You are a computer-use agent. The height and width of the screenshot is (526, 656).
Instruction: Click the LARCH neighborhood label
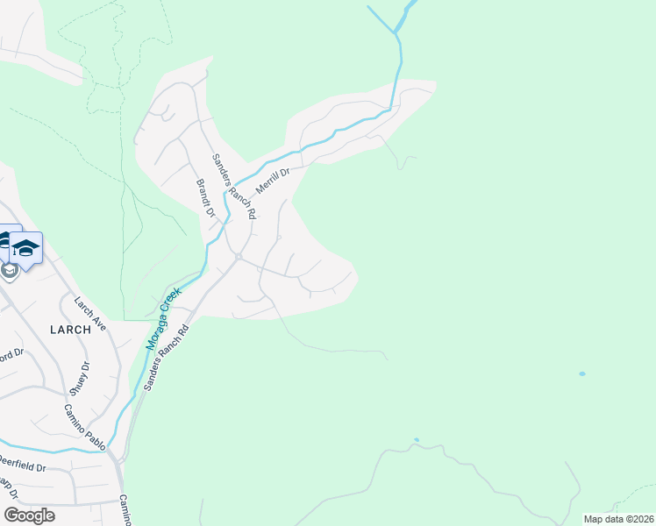coord(70,330)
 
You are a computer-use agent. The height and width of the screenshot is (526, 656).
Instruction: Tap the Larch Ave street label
coord(90,314)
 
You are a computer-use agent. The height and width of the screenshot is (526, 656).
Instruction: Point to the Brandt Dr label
coord(205,198)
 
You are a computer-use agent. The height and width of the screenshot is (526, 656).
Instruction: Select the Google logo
coord(29,515)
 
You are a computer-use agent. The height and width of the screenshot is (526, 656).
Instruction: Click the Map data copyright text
coord(617,519)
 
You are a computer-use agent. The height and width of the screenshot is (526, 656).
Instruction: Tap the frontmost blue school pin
coord(26,249)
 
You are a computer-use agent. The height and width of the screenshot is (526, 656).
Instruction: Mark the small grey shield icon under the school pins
coord(10,270)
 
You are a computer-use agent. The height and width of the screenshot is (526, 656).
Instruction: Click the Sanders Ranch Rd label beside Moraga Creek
coord(168,358)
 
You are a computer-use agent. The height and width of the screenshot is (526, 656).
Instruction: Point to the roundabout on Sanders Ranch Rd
coord(239,256)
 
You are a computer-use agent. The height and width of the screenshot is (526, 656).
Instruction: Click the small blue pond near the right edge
coord(581,374)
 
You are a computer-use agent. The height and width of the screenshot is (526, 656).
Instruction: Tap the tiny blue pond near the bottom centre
coord(417,440)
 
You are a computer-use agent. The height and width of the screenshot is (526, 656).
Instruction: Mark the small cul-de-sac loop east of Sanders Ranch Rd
coord(279,237)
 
